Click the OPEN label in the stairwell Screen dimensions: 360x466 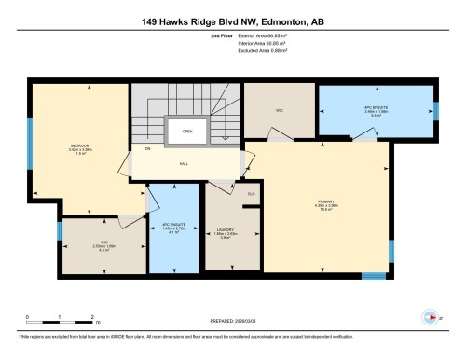[187, 131]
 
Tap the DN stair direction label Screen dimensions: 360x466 [146, 148]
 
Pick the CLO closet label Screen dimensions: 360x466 [250, 193]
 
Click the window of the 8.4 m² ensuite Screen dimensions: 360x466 [435, 111]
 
